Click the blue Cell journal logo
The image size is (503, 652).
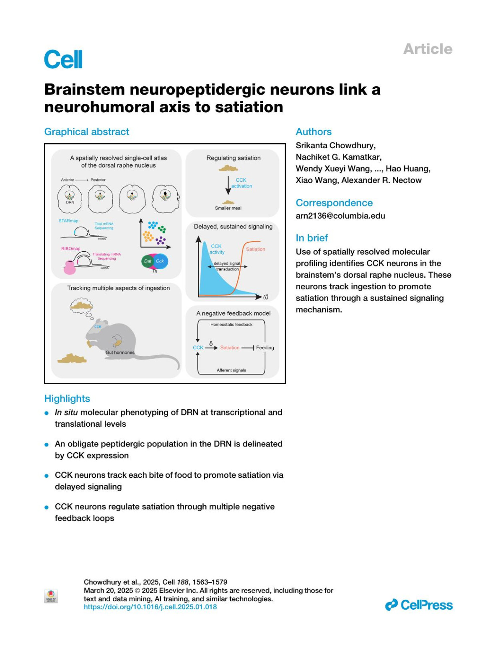pos(63,59)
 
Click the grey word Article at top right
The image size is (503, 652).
pos(428,49)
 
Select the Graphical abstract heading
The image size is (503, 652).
pos(87,132)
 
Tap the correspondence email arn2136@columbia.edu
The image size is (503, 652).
pos(340,216)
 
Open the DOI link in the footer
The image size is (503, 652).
pos(150,607)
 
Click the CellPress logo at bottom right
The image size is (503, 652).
pos(419,605)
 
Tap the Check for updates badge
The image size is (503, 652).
pos(51,596)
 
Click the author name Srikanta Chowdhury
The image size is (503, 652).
pos(335,146)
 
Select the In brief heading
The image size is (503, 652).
pos(312,238)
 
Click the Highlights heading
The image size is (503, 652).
pos(67,399)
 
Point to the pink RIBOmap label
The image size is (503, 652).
pos(70,249)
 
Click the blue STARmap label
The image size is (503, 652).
pos(68,221)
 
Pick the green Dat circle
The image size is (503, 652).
pos(148,261)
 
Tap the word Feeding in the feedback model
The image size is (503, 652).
pos(265,348)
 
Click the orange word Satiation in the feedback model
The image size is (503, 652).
pos(230,348)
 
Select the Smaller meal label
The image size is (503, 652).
pos(228,208)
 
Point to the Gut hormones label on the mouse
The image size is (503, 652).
pos(120,353)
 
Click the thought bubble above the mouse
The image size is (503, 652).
pos(81,306)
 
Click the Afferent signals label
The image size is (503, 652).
pos(231,370)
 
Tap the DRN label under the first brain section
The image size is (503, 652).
pos(70,202)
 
